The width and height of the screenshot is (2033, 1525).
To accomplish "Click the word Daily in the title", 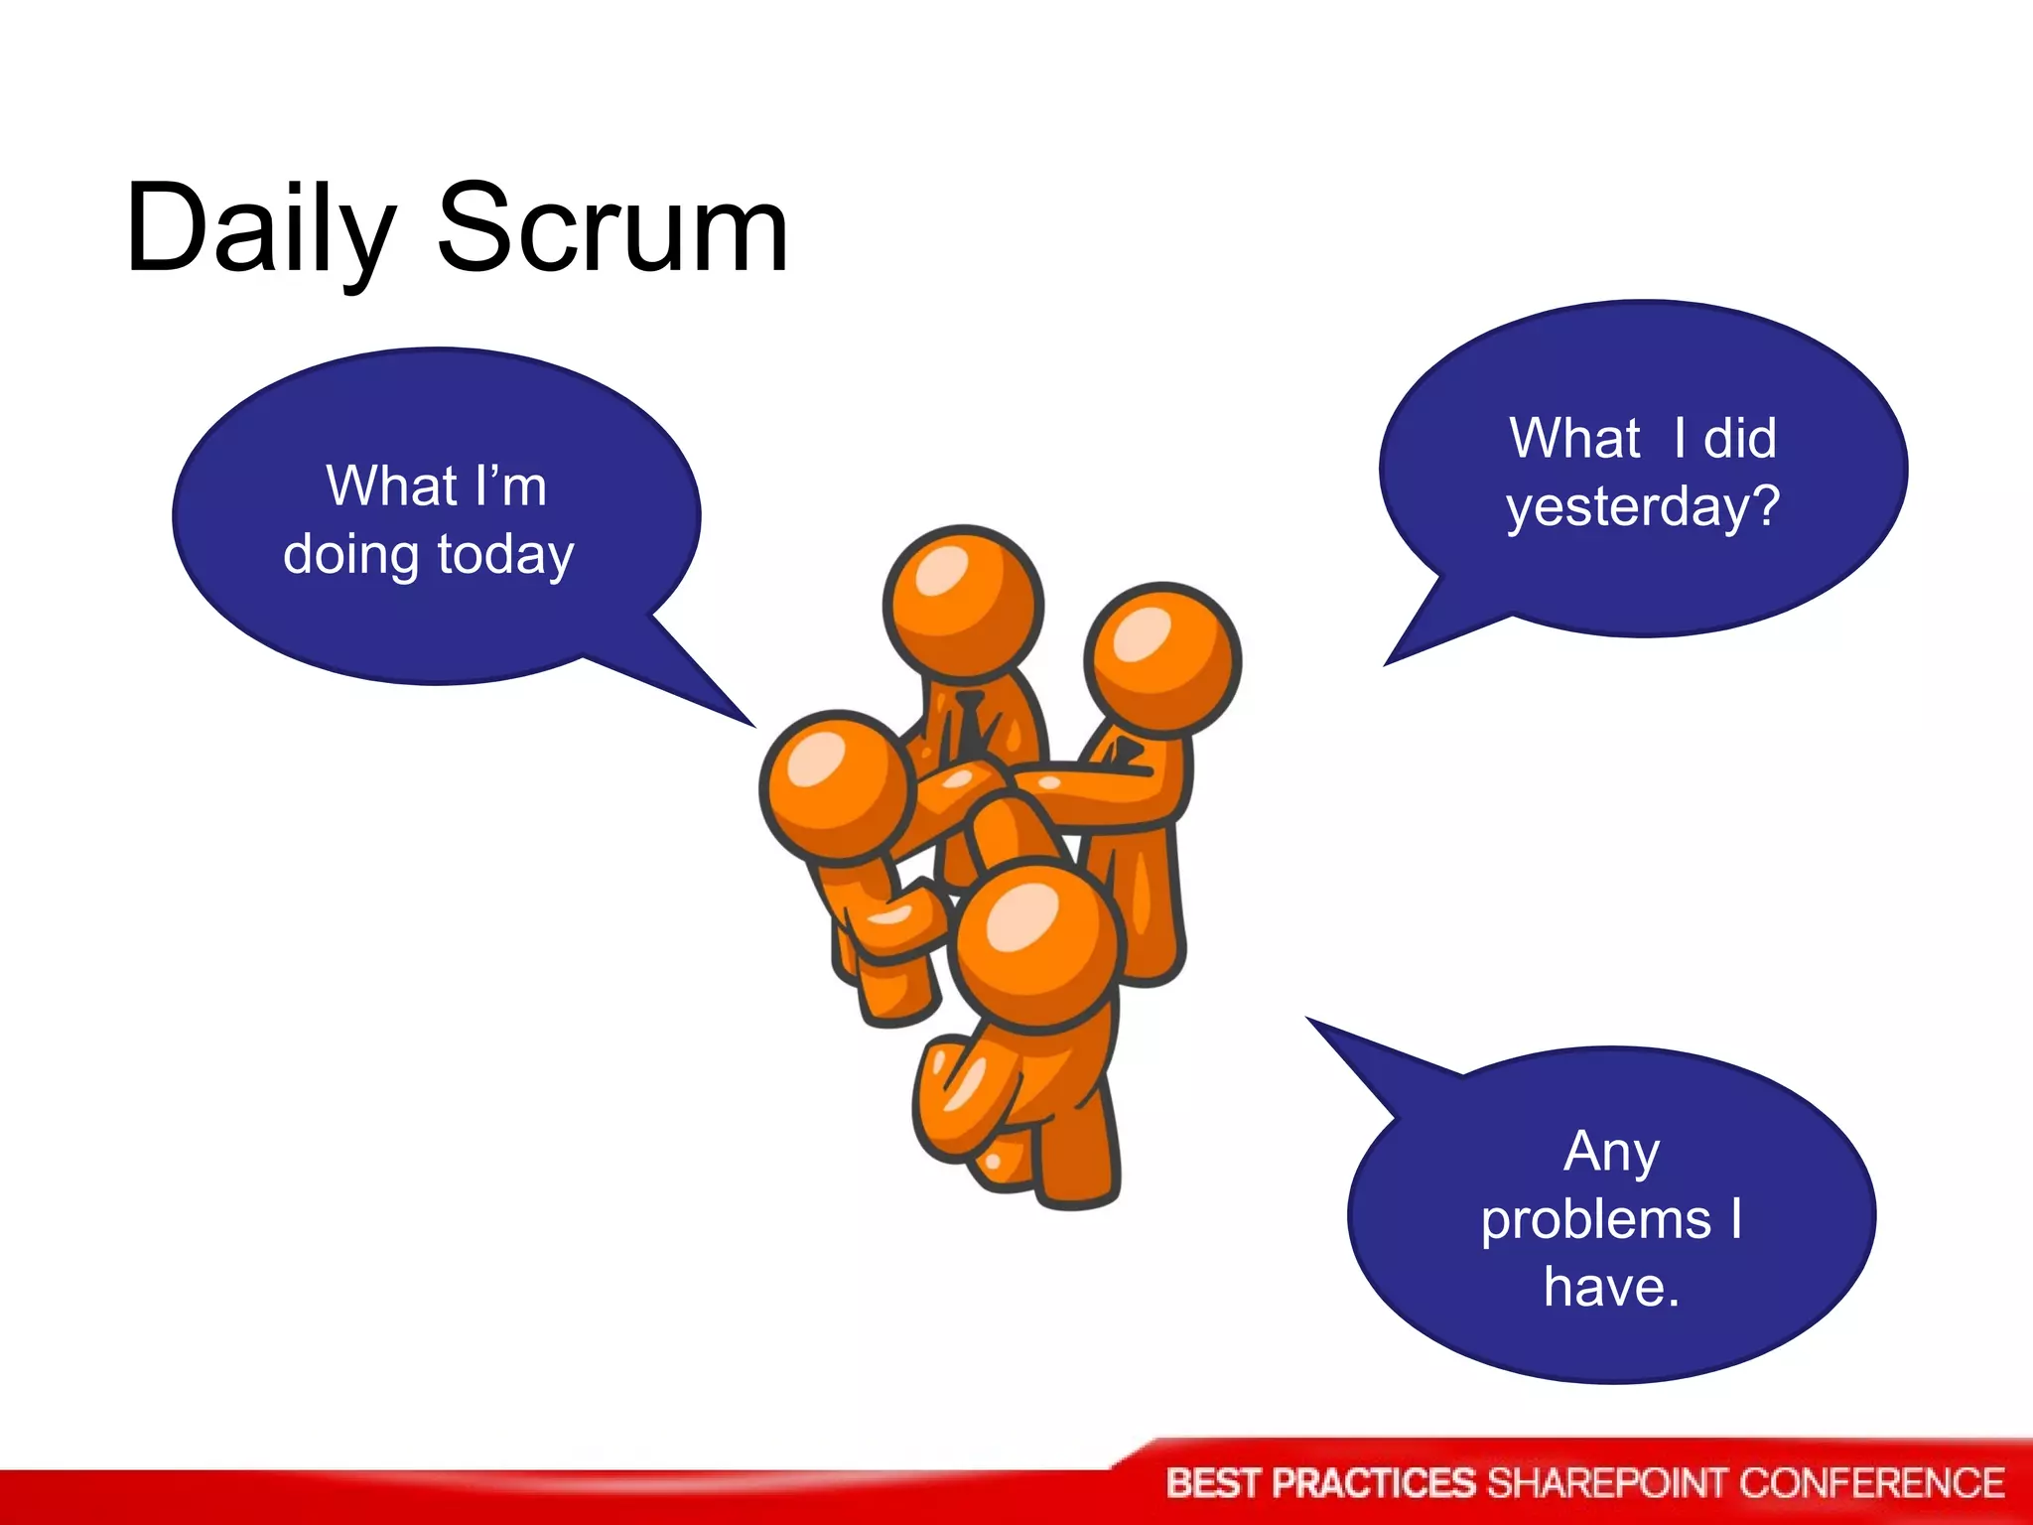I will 260,230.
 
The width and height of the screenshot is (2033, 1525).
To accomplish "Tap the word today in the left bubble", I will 505,555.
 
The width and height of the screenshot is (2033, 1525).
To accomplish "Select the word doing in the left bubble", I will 351,555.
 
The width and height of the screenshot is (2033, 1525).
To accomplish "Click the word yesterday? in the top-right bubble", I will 1644,507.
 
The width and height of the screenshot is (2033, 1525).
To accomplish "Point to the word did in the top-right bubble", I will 1739,438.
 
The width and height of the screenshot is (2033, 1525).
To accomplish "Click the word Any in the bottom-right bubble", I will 1611,1152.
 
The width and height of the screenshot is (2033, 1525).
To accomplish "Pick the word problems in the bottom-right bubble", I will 1596,1219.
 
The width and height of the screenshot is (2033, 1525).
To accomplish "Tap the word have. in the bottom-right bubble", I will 1611,1287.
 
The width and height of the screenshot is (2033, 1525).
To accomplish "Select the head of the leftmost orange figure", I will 837,784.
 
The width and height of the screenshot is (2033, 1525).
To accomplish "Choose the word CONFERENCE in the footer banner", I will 1871,1483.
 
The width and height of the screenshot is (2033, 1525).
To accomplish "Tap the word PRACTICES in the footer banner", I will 1374,1483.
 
